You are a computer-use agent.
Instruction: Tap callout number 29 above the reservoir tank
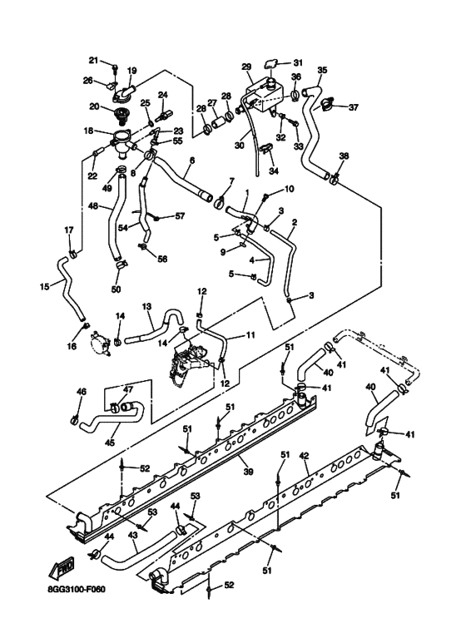pyautogui.click(x=246, y=66)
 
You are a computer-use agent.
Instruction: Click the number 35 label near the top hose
pyautogui.click(x=322, y=70)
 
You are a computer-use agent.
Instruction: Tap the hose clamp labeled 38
pyautogui.click(x=334, y=176)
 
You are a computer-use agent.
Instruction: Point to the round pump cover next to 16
pyautogui.click(x=102, y=341)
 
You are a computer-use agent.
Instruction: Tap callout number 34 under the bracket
pyautogui.click(x=272, y=171)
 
